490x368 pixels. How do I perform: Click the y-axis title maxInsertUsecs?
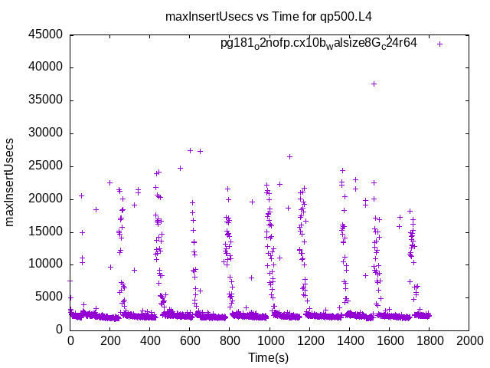(11, 182)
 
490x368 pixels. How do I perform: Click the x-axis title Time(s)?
(269, 357)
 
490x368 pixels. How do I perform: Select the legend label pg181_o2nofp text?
(318, 43)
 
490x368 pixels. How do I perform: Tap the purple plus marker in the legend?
(439, 44)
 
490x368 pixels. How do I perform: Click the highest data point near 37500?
(374, 84)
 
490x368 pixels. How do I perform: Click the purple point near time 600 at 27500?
(191, 150)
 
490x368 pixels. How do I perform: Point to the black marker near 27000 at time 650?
(200, 151)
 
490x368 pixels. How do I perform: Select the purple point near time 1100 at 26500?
(289, 156)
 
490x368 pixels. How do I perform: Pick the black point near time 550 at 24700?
(180, 168)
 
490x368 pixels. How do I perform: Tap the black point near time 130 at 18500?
(96, 209)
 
